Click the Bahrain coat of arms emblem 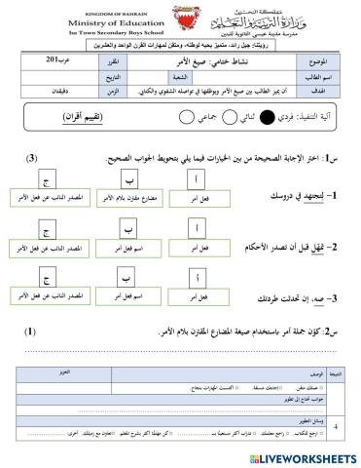point(181,21)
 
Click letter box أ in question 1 point(199,178)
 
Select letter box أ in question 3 point(199,279)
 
